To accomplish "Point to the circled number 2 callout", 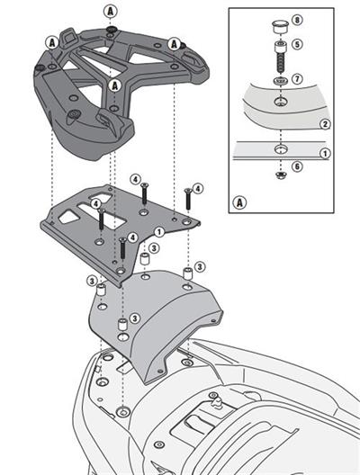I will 325,122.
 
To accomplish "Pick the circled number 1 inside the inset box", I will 325,152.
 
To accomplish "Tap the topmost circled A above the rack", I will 110,11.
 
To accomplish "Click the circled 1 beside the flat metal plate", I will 158,231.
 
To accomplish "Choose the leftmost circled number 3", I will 92,282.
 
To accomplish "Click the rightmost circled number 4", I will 198,188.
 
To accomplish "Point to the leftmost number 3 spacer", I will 102,292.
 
